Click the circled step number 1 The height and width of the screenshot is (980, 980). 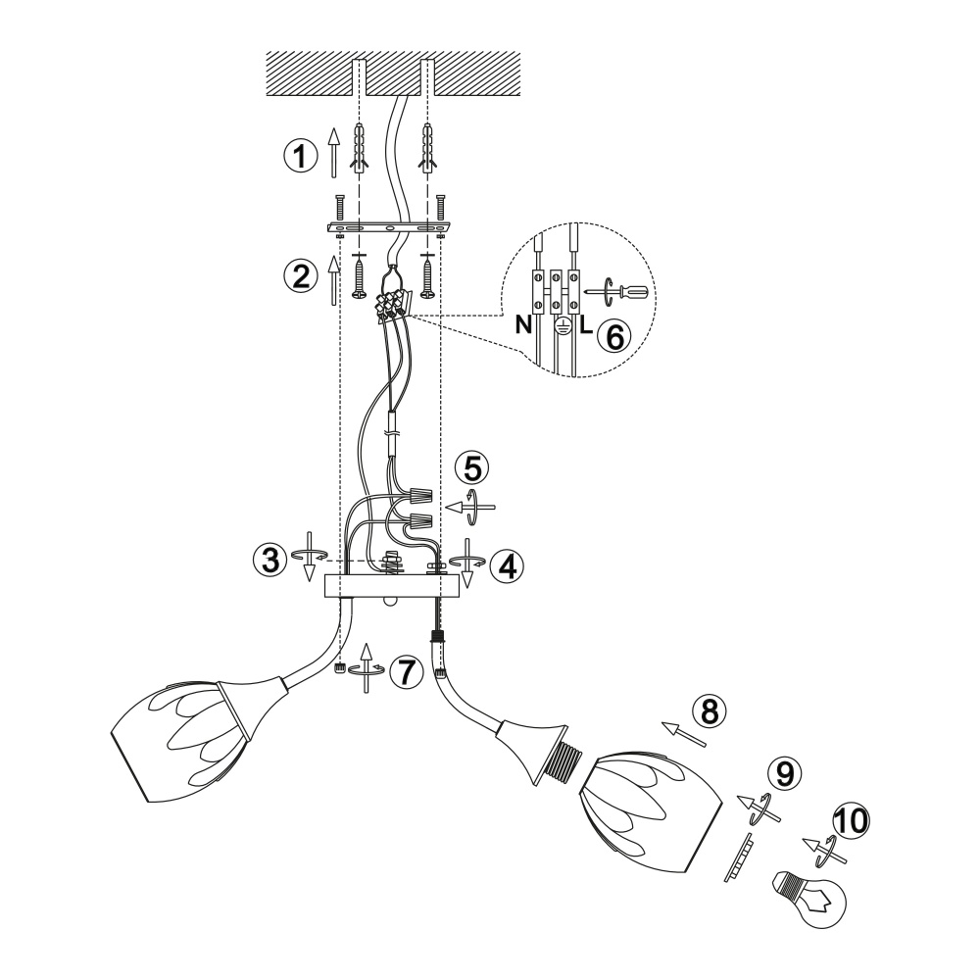(x=301, y=155)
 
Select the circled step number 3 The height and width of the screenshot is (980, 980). (x=269, y=560)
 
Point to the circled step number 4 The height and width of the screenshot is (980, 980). (x=507, y=563)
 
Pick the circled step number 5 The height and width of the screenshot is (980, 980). (x=473, y=466)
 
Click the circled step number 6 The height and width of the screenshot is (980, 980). (x=613, y=336)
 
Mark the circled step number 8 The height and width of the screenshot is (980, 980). (x=709, y=710)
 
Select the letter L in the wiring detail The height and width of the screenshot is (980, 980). (x=584, y=326)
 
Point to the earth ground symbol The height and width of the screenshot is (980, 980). (x=561, y=328)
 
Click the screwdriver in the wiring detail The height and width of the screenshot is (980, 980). (x=622, y=290)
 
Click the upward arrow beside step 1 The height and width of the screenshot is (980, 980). (x=334, y=151)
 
